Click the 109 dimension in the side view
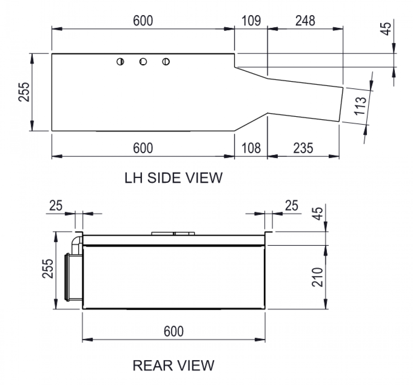tap(251, 21)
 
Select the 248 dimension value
tap(305, 21)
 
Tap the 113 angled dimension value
tap(360, 106)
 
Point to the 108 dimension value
tap(251, 148)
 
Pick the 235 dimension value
tap(303, 148)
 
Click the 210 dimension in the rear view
tap(317, 277)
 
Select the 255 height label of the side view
tap(24, 92)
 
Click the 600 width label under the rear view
tap(174, 331)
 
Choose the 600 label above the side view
tap(143, 21)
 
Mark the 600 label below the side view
tap(143, 148)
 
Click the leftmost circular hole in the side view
tap(120, 62)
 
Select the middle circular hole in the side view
tap(143, 62)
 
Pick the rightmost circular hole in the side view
tap(166, 62)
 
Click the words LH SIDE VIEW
tap(173, 178)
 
